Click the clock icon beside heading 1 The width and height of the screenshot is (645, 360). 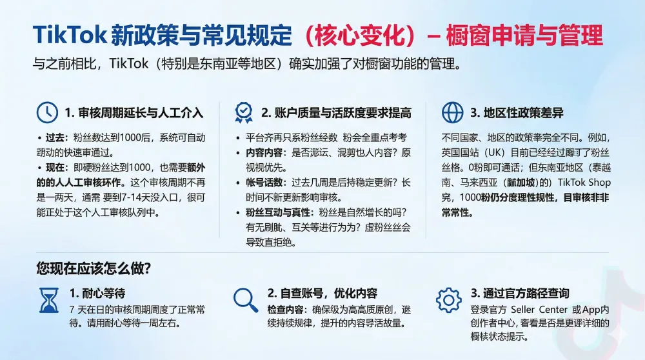pyautogui.click(x=46, y=112)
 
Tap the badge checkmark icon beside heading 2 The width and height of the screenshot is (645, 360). pyautogui.click(x=244, y=112)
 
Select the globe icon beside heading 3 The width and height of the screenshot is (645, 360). pyautogui.click(x=451, y=112)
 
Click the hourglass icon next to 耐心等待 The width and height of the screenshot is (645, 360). pyautogui.click(x=49, y=300)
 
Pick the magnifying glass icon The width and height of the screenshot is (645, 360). pyautogui.click(x=245, y=299)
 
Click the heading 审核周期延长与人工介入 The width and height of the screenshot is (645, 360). pyautogui.click(x=134, y=113)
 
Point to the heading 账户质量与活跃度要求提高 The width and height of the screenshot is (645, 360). pyautogui.click(x=336, y=113)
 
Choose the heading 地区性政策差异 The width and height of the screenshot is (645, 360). pyautogui.click(x=516, y=113)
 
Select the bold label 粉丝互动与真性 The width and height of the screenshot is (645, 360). pyautogui.click(x=273, y=212)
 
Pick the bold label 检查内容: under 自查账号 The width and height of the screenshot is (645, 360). pyautogui.click(x=289, y=309)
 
